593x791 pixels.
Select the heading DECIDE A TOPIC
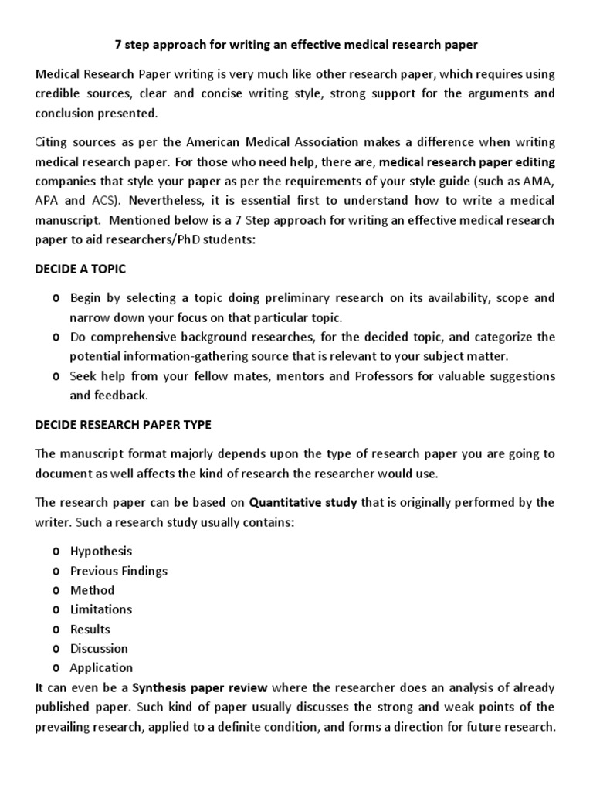click(80, 269)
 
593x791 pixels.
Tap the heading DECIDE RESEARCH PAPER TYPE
click(123, 425)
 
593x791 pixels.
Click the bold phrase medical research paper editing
click(468, 162)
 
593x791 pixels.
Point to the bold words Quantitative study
click(303, 503)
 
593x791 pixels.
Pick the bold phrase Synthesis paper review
click(200, 687)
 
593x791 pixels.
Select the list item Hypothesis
click(101, 552)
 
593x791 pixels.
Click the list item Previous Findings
click(118, 571)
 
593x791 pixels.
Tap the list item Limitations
click(101, 609)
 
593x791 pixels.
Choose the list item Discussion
click(99, 648)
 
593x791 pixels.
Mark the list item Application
click(101, 668)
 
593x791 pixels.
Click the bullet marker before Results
click(56, 630)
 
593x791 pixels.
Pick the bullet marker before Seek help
click(56, 376)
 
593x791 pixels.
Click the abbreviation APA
click(48, 201)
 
